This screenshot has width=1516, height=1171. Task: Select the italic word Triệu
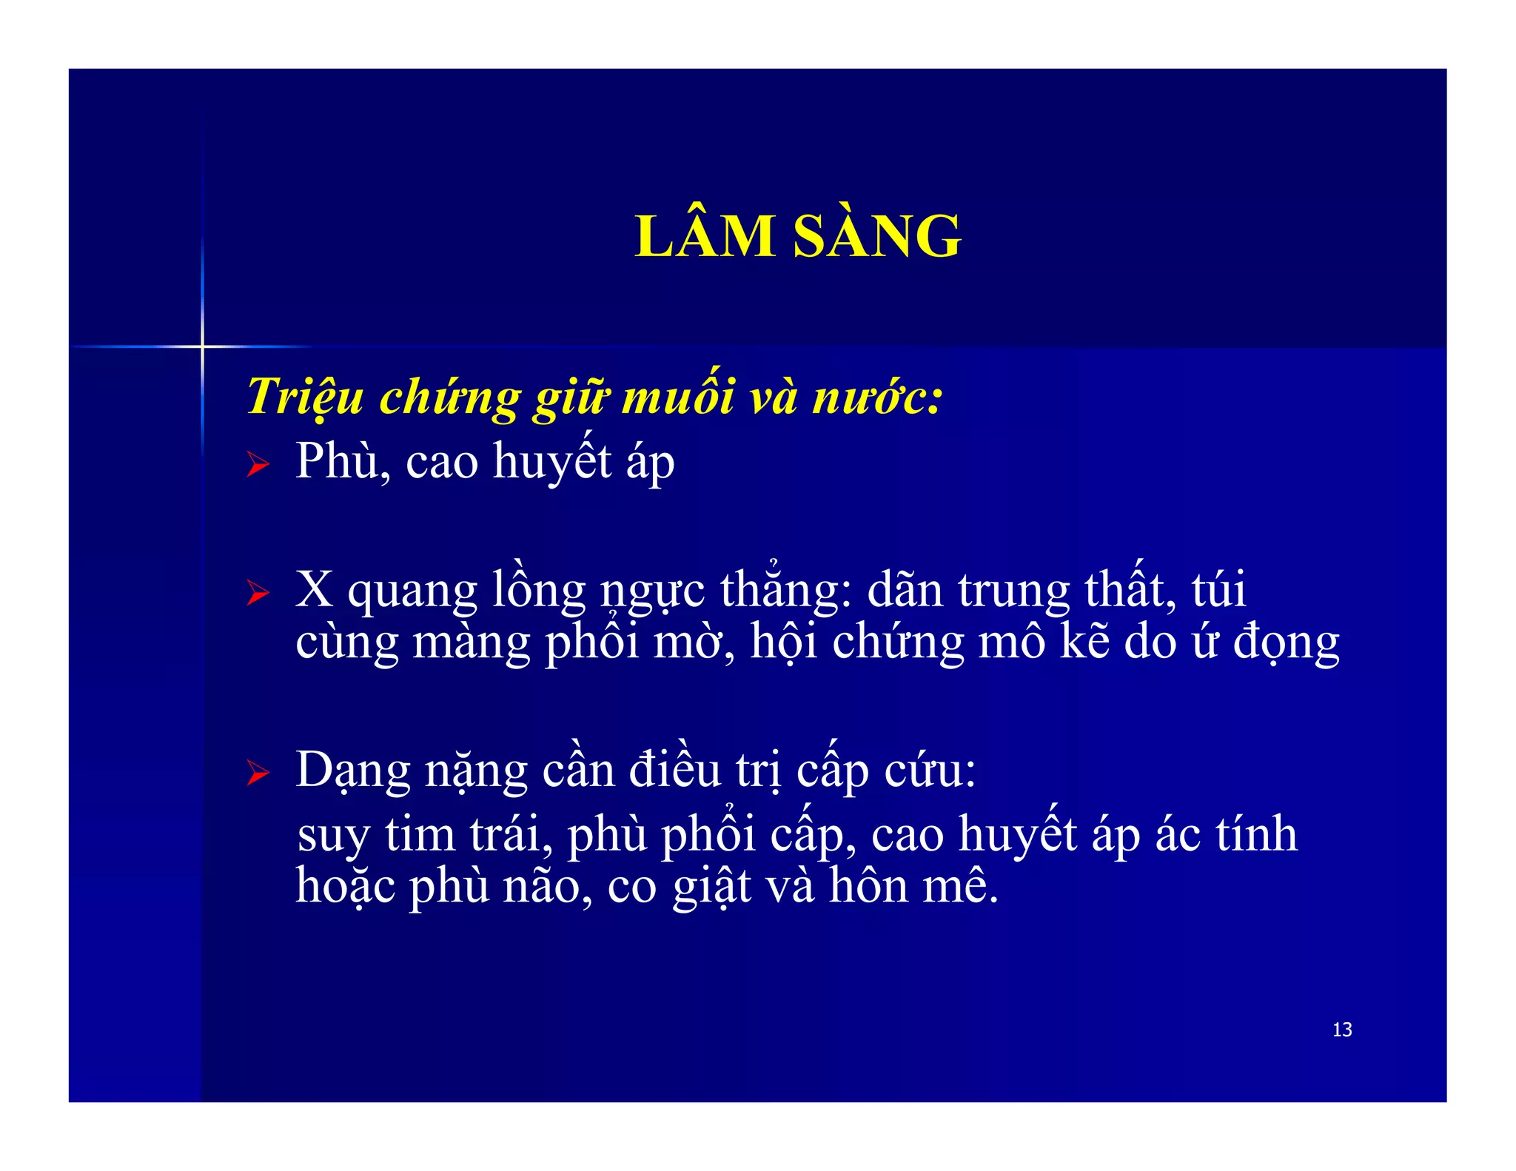[x=304, y=397]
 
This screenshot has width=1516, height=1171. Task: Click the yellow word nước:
[x=878, y=397]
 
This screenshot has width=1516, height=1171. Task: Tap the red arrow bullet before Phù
[x=258, y=464]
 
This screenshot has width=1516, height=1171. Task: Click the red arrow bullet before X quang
[x=258, y=592]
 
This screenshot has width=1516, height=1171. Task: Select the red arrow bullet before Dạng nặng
[x=258, y=773]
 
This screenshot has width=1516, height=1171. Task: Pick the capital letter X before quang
[x=314, y=590]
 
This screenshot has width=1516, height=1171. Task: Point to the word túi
[x=1218, y=589]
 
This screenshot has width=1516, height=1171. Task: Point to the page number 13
[x=1341, y=1030]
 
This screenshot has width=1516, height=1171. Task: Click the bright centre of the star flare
[x=202, y=346]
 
